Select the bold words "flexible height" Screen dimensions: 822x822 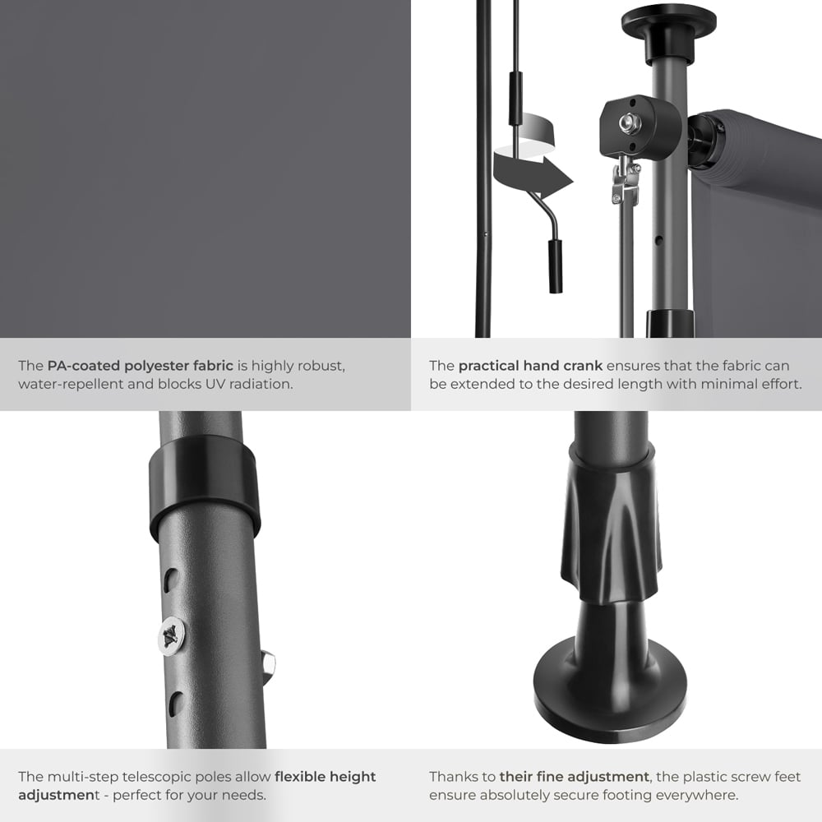tap(325, 776)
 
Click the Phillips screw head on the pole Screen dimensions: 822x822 tap(172, 635)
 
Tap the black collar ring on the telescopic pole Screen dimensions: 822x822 tap(205, 486)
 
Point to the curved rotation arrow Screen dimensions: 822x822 tap(530, 169)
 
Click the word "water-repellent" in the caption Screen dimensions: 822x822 tap(66, 384)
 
